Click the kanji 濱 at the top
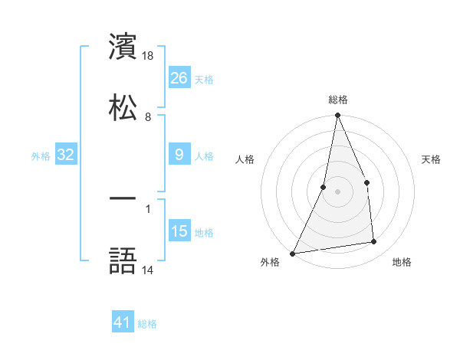(x=123, y=45)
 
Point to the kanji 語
(x=123, y=260)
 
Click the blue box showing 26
(x=179, y=77)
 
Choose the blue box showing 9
(x=179, y=155)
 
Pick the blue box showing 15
(x=179, y=231)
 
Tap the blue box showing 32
(x=66, y=155)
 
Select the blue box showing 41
(x=123, y=322)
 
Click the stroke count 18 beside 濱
(x=149, y=55)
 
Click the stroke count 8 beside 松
(x=148, y=116)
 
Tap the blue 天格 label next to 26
(x=204, y=79)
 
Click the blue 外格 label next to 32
(x=41, y=156)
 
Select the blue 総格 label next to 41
(x=147, y=324)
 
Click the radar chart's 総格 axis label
(x=338, y=100)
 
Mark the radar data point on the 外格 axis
(x=293, y=253)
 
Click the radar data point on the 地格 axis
(x=374, y=242)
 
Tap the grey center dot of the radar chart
(x=338, y=191)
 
